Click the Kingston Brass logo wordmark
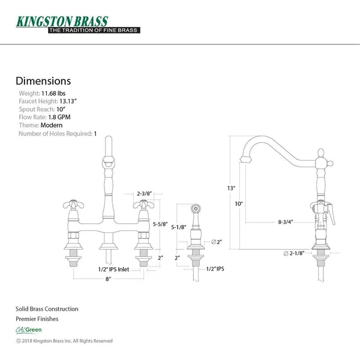point(62,22)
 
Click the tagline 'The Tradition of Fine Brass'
point(94,31)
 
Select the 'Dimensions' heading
point(43,81)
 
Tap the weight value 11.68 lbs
point(53,94)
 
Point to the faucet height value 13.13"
point(68,101)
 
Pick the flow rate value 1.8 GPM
point(59,117)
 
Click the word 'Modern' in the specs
point(52,125)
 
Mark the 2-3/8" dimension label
point(144,194)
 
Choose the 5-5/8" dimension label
point(160,224)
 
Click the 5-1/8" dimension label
point(179,227)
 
